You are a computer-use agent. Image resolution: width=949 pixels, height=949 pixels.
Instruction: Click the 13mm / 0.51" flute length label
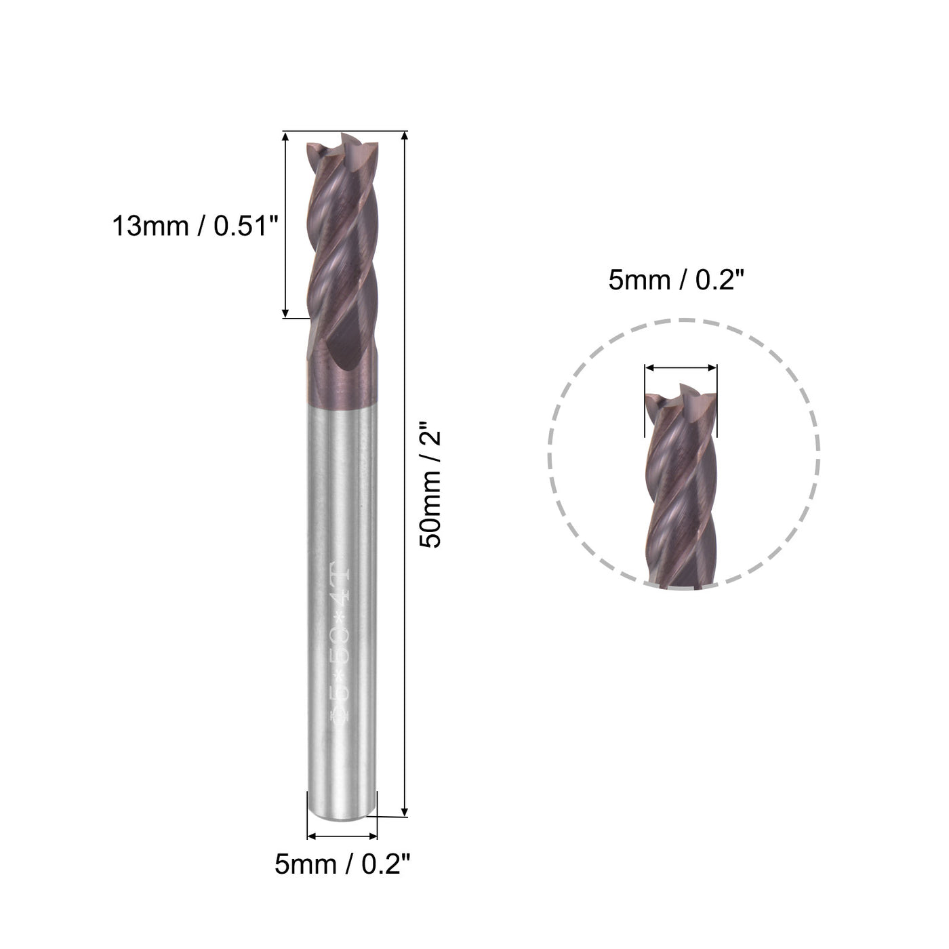[196, 226]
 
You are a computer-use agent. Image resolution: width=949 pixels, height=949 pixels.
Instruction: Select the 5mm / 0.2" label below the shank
[342, 865]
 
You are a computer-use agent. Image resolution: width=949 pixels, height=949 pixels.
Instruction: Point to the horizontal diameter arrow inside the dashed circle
[681, 368]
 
